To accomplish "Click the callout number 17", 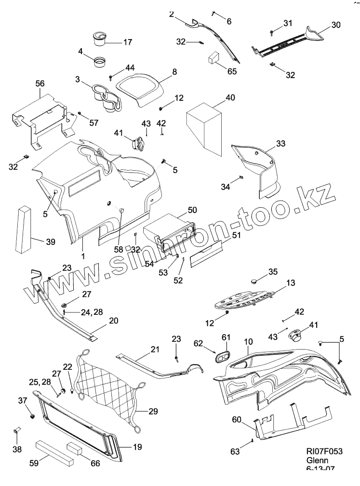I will pyautogui.click(x=127, y=42).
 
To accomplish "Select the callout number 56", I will pyautogui.click(x=40, y=83).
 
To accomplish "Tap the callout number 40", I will pyautogui.click(x=230, y=97).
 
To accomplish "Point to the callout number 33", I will pyautogui.click(x=281, y=143).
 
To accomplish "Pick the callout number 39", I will pyautogui.click(x=51, y=242).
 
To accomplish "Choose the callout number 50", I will pyautogui.click(x=192, y=210).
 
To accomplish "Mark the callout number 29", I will pyautogui.click(x=153, y=411).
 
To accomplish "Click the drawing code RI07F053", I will pyautogui.click(x=324, y=451).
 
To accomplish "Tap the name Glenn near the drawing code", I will pyautogui.click(x=316, y=460).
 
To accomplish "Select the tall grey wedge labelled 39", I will pyautogui.click(x=24, y=230).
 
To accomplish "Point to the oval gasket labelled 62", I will pyautogui.click(x=223, y=357).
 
